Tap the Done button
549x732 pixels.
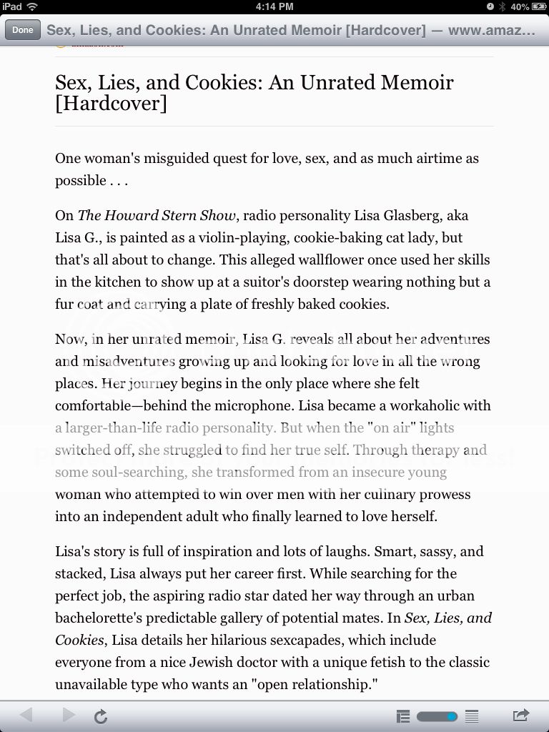(22, 30)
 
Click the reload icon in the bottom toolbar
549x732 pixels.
(101, 716)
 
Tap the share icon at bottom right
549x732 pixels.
(521, 715)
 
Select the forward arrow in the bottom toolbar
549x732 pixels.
(69, 715)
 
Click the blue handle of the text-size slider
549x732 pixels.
(451, 716)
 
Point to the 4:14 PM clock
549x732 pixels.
(274, 6)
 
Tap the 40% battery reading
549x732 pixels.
(520, 6)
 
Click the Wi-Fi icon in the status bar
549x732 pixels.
(32, 6)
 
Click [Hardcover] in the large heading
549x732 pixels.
(111, 103)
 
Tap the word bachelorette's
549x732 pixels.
(102, 618)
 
